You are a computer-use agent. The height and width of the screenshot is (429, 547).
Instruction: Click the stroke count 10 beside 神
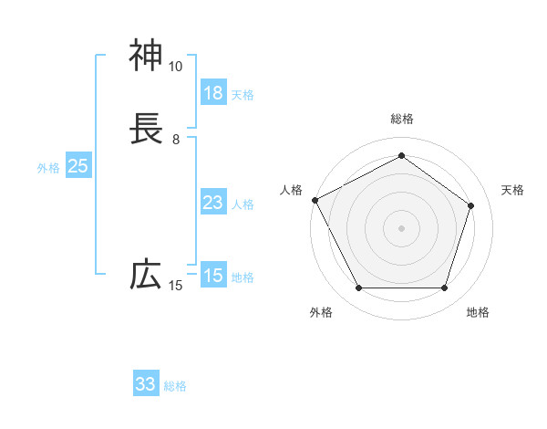coord(175,67)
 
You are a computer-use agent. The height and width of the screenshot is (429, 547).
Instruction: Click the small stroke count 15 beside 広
coord(175,286)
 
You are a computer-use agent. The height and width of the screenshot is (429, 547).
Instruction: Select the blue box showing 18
coord(212,93)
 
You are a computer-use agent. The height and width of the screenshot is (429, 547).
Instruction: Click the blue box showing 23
coord(212,203)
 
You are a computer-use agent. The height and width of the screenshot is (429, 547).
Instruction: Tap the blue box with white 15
coord(212,275)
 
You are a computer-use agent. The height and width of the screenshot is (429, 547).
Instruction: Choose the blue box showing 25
coord(77,166)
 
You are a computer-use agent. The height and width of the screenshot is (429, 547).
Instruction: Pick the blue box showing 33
coord(146,384)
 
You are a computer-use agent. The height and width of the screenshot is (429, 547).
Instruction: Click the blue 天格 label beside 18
coord(243,94)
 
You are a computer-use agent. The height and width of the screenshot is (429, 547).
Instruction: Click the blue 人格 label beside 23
coord(243,204)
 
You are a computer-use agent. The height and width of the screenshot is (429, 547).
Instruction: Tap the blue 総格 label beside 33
coord(175,386)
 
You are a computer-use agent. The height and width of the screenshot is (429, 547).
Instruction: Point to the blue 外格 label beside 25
coord(47,168)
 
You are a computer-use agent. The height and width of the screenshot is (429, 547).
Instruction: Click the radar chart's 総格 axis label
coord(401,119)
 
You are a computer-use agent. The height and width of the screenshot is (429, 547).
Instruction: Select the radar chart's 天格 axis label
coord(512,190)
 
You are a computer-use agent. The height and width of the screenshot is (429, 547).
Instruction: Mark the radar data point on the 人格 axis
coord(315,199)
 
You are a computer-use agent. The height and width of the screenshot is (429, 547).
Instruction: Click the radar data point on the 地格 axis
coord(444,288)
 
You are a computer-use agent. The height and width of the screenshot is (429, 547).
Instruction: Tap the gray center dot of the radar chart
coord(401,228)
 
